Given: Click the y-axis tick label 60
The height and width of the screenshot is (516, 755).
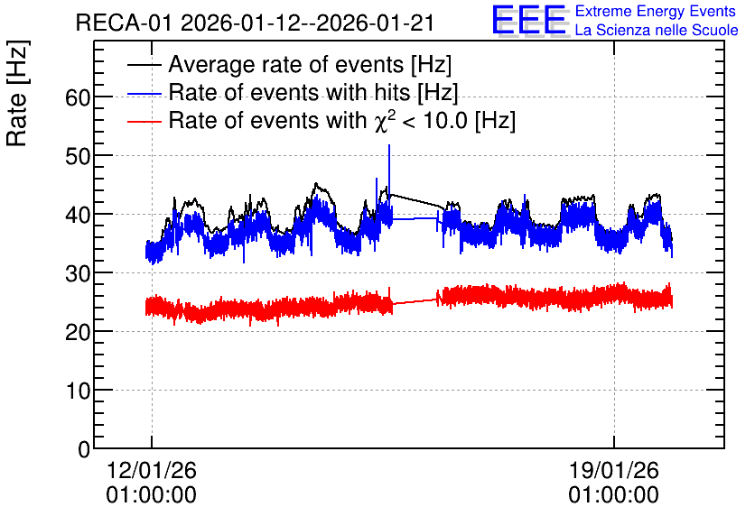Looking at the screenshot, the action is [x=78, y=97].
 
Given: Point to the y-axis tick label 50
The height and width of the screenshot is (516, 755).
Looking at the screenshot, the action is [x=78, y=156].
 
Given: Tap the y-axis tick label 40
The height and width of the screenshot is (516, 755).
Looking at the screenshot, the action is [x=78, y=215].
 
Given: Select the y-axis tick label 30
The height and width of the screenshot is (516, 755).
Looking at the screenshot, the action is [x=78, y=273].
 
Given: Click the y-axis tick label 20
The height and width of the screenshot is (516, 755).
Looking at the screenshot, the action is [x=78, y=332].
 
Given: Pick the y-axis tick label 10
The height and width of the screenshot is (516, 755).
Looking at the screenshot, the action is [x=78, y=391].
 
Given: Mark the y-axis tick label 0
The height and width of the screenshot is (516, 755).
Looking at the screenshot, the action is [x=84, y=449].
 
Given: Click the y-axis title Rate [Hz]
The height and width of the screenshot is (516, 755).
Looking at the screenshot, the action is [x=18, y=93].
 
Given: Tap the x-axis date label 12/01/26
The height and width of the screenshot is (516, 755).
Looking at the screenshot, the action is [x=151, y=470].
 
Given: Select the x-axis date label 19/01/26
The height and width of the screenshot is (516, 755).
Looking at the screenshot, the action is [x=613, y=470].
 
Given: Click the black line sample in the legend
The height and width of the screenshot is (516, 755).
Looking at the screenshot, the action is [x=144, y=65].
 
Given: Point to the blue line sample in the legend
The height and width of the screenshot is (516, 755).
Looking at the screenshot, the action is [x=144, y=93].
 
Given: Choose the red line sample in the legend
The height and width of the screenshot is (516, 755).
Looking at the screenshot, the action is [x=144, y=122].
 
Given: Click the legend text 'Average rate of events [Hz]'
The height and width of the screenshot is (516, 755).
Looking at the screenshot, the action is [x=310, y=65].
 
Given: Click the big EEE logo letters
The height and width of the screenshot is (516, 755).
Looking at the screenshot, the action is [x=529, y=20].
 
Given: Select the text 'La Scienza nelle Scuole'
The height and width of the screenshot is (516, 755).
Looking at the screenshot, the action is [x=657, y=31].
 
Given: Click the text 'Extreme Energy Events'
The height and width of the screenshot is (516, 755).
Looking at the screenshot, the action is [x=656, y=11].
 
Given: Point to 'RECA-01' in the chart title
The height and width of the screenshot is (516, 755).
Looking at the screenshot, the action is [x=124, y=23].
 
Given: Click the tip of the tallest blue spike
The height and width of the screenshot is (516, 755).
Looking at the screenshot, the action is [x=389, y=144].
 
